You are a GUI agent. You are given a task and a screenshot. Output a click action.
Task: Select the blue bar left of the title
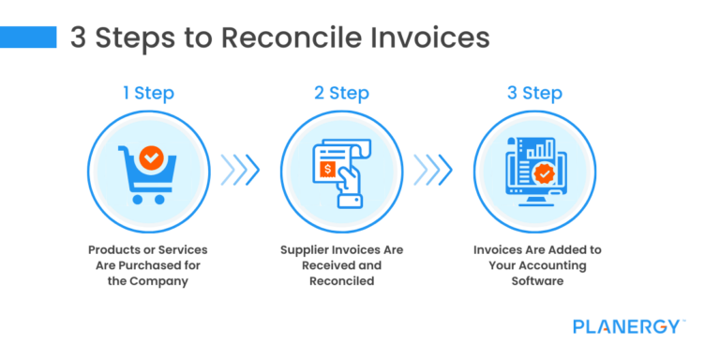(x=28, y=37)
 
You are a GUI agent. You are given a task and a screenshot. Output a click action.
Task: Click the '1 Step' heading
(x=148, y=94)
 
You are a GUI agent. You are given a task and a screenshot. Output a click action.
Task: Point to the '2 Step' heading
(x=341, y=94)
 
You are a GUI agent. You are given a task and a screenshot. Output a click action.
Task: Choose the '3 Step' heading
(x=534, y=94)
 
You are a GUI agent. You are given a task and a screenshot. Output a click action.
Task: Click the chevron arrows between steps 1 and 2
(x=240, y=169)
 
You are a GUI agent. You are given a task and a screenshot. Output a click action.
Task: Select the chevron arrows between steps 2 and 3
(x=433, y=169)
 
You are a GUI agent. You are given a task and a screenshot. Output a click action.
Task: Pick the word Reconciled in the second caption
(x=341, y=280)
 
